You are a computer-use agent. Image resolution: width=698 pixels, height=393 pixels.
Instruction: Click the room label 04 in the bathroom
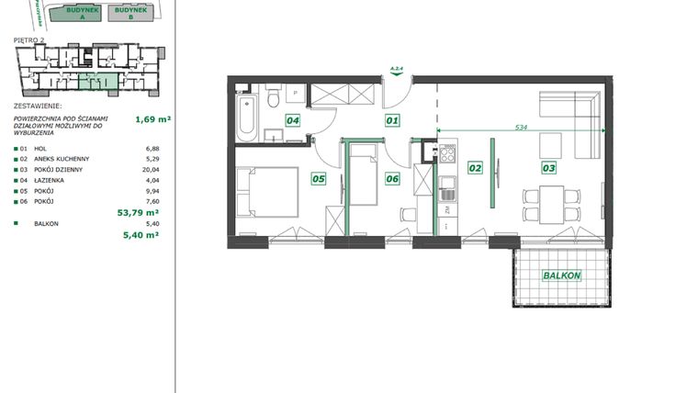point(293,119)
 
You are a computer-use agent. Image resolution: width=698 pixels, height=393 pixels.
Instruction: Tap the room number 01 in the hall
point(392,119)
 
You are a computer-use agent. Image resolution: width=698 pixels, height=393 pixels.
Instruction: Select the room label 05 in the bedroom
point(319,178)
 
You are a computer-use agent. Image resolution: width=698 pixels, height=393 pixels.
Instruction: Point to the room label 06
point(392,178)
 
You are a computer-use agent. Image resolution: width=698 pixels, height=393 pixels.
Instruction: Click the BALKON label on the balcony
point(560,275)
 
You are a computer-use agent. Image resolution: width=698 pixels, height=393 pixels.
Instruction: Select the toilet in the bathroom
point(273,99)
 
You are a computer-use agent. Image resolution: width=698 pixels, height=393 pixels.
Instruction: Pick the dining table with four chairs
point(552,202)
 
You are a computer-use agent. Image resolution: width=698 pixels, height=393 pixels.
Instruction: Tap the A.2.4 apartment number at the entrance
point(397,68)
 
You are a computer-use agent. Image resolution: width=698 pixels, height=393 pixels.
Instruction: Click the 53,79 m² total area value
point(141,210)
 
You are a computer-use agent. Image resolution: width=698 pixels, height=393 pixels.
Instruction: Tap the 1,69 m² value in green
point(153,118)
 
